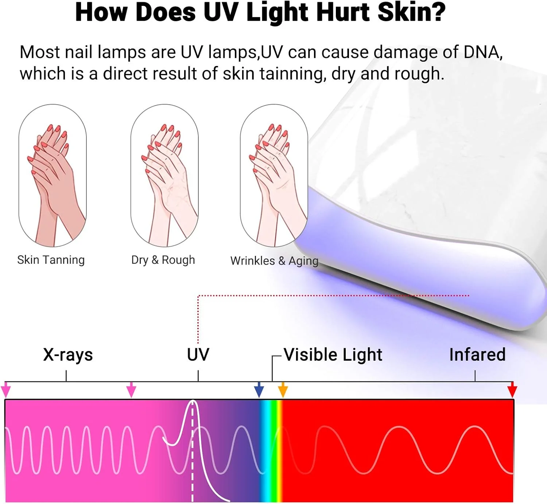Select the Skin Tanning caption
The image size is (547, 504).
pos(51,260)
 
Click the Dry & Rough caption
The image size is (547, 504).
pos(163,260)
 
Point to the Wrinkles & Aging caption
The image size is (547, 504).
pos(274,261)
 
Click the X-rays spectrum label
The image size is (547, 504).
pos(68,355)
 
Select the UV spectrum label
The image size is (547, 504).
pos(198,354)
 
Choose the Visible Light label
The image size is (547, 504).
pos(333,355)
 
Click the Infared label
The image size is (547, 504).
pos(477,354)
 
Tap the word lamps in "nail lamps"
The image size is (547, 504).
pos(123,52)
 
